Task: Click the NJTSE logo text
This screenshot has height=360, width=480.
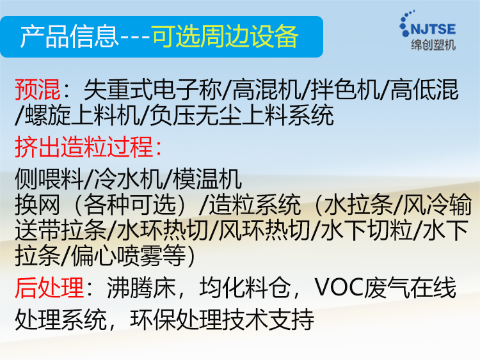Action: [x=433, y=29]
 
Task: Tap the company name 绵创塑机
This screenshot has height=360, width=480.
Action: [x=433, y=45]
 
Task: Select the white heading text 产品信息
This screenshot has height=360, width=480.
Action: [x=70, y=36]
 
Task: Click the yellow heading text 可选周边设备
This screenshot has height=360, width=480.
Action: [x=225, y=36]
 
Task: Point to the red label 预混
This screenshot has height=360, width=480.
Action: [x=38, y=90]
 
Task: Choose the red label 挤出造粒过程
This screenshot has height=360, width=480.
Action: [x=84, y=147]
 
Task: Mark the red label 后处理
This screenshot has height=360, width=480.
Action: [x=49, y=288]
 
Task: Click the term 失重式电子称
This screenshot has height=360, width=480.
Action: [x=152, y=90]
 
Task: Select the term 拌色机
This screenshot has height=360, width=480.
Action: [x=345, y=90]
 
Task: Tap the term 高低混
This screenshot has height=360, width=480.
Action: [x=424, y=90]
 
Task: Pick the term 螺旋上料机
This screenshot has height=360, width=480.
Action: [x=82, y=115]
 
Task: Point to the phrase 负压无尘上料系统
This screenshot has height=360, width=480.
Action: [x=241, y=115]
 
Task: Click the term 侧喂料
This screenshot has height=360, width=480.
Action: [x=49, y=179]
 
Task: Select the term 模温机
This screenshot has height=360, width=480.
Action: [x=207, y=179]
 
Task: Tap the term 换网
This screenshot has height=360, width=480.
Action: [x=38, y=205]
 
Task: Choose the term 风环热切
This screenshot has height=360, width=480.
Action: [x=264, y=230]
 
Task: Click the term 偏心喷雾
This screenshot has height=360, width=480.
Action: [x=116, y=256]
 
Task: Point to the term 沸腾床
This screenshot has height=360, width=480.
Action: [x=141, y=288]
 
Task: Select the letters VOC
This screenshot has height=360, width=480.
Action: [x=339, y=288]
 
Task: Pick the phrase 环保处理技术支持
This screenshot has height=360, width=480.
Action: [x=222, y=320]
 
